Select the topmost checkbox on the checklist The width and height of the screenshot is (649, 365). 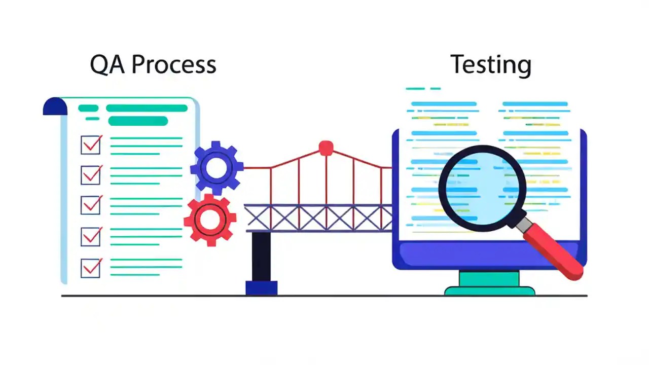point(91,145)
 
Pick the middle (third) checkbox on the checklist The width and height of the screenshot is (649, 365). point(91,205)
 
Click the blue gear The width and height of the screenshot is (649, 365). point(217,167)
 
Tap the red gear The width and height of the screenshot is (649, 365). point(209,219)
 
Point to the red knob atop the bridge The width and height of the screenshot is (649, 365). point(326,148)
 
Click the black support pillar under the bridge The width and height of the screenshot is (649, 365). point(261,257)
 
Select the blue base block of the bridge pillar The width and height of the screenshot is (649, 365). point(261,288)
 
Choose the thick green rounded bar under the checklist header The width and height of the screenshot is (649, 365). point(138,121)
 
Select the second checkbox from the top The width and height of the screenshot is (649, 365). point(91,175)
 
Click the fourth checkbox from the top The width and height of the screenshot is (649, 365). point(91,236)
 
